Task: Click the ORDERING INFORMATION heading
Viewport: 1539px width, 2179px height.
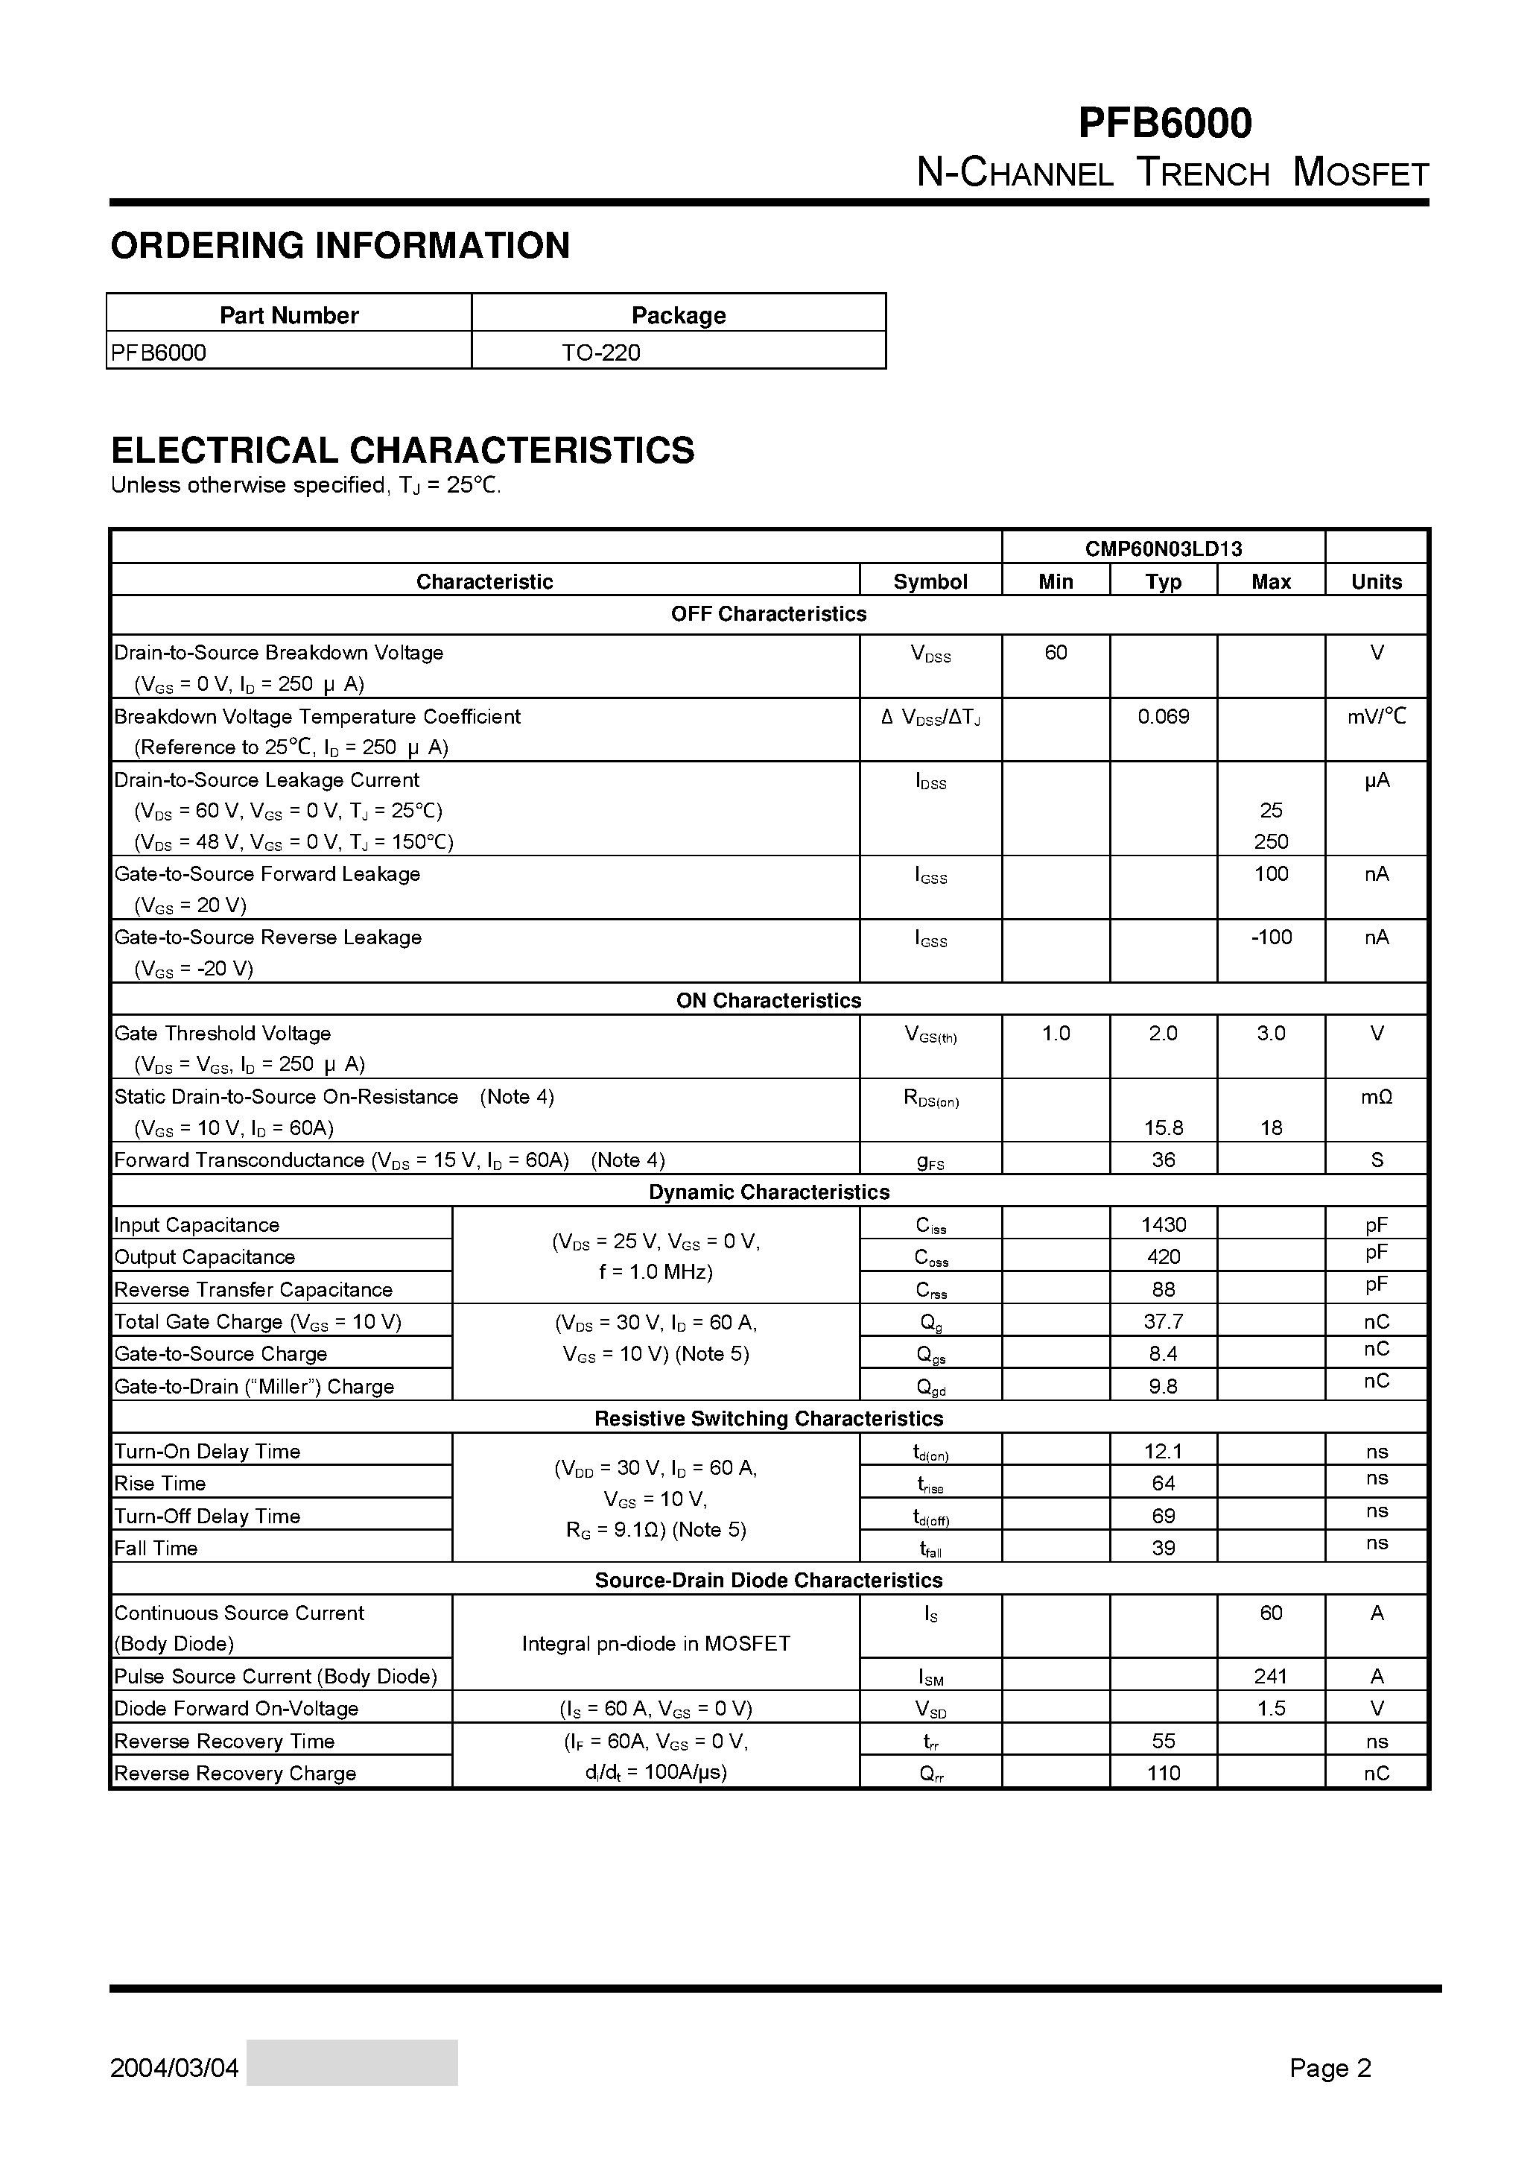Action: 340,246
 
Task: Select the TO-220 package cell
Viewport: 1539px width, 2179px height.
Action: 600,352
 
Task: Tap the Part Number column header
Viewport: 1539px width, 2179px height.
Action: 288,315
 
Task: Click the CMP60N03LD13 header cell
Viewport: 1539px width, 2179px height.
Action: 1164,548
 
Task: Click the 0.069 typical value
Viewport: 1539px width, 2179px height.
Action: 1164,717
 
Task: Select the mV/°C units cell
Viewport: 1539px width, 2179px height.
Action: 1376,717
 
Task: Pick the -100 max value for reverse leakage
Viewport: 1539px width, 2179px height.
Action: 1271,937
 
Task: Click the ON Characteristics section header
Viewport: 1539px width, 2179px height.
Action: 769,1000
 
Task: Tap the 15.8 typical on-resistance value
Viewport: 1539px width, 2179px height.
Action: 1164,1128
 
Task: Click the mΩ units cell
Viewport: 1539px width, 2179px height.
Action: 1376,1097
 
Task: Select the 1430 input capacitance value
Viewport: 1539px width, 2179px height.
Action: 1164,1225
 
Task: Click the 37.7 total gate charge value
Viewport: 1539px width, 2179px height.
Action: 1164,1322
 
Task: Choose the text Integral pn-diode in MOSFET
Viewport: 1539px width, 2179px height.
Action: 656,1644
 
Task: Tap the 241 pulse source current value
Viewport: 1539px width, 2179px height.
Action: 1271,1676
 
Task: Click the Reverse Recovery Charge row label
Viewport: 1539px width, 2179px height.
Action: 235,1773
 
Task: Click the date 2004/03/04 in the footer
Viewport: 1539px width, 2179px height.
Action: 174,2068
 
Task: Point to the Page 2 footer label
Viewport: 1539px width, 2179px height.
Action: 1330,2068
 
